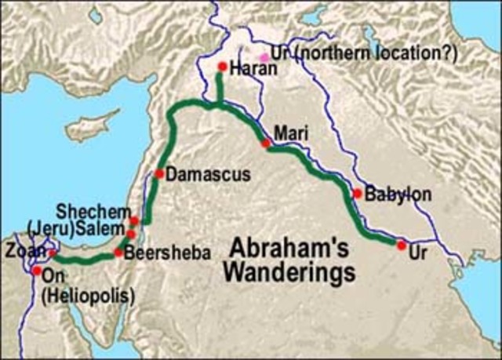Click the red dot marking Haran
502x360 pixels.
point(222,67)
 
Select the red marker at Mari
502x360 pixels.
point(267,143)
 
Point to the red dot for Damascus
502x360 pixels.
point(159,173)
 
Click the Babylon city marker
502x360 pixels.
point(357,193)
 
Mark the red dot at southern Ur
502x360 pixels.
point(401,245)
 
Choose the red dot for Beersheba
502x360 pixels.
point(118,253)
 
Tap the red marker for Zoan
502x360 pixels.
point(53,253)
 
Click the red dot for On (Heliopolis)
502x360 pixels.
point(36,271)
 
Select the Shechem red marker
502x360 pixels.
point(134,221)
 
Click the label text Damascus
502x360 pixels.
point(200,174)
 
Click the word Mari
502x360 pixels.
point(289,134)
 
